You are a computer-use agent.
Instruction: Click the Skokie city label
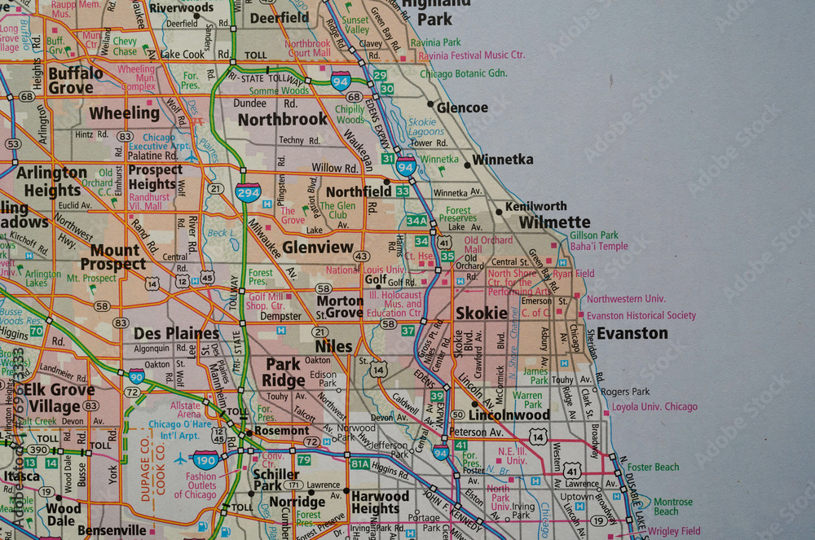coord(482,314)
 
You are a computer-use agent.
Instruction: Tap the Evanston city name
coord(632,333)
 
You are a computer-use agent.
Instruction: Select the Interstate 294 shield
coord(248,192)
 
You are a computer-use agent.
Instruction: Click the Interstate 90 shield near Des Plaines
coord(137,375)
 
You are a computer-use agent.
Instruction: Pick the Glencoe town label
coord(462,108)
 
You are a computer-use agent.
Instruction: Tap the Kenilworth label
coord(535,206)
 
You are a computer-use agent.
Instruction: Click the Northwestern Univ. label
coord(626,299)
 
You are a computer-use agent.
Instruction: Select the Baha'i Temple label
coord(599,246)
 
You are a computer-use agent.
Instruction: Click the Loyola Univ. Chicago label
coord(654,406)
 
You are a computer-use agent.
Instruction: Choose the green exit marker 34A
coord(416,221)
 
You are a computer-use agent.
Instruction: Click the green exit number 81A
coord(360,463)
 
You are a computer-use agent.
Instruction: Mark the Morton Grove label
coord(340,306)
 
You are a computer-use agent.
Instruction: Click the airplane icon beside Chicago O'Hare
coord(180,459)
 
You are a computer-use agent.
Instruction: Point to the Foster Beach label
coord(653,468)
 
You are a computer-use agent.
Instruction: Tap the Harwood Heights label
coord(380,502)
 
